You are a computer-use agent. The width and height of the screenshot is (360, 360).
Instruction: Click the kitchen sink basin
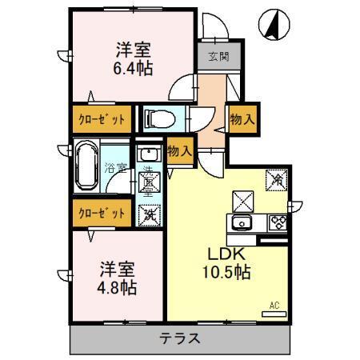(x=242, y=222)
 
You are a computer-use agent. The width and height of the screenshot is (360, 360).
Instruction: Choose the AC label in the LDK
(x=274, y=305)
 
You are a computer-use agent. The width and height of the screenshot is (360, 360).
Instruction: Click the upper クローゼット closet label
(x=100, y=118)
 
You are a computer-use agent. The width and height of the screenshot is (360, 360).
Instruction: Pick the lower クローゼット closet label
(x=100, y=213)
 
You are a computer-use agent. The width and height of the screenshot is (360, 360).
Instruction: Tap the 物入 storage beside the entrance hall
(x=241, y=119)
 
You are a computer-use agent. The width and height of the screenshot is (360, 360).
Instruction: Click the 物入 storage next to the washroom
(x=181, y=150)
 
